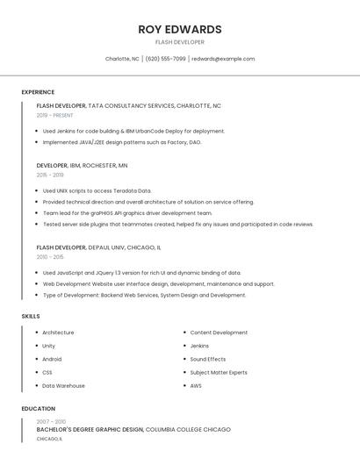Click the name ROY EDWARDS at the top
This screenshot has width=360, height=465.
(179, 29)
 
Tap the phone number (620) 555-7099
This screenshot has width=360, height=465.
(165, 59)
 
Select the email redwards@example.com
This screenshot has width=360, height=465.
(223, 59)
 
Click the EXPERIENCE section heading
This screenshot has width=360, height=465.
(38, 92)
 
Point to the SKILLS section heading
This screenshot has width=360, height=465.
(31, 316)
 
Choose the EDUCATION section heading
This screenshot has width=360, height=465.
(38, 409)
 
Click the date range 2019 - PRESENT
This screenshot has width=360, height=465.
(54, 115)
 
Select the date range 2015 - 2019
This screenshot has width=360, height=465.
(50, 175)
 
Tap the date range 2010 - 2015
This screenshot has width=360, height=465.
(50, 257)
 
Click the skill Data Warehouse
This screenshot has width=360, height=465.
(63, 386)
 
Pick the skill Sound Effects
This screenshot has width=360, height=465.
(207, 359)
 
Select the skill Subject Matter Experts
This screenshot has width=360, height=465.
(218, 372)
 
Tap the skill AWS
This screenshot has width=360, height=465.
(195, 386)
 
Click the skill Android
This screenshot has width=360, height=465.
(52, 359)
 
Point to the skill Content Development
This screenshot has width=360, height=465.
(218, 333)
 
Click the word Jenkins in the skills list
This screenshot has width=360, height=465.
(199, 346)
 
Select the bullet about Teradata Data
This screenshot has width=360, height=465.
(97, 190)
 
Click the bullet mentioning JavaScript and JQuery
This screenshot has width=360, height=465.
(141, 273)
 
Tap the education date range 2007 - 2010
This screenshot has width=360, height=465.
(50, 422)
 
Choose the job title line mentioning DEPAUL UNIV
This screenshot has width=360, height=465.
(98, 247)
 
